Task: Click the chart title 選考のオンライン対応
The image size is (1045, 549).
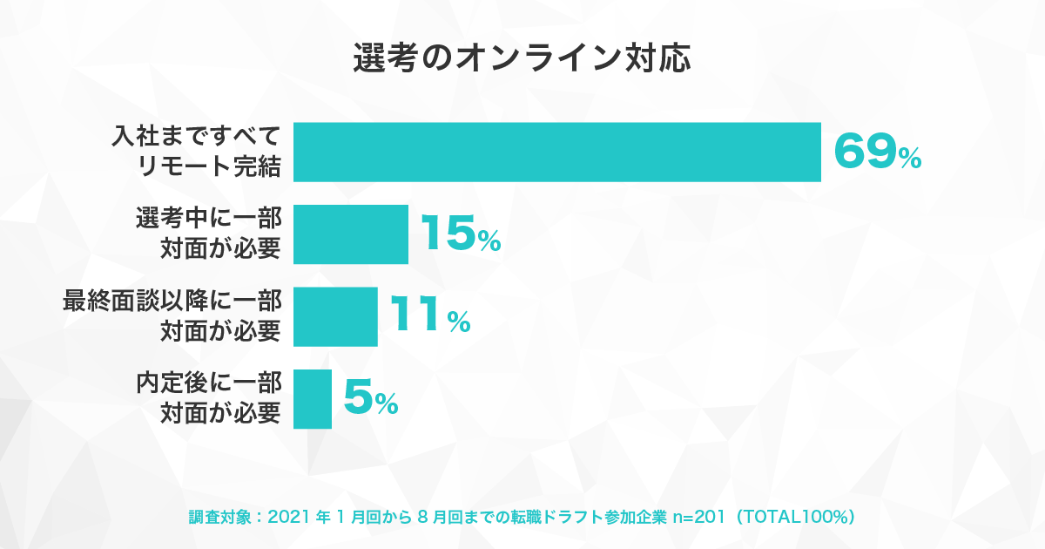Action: [x=522, y=58]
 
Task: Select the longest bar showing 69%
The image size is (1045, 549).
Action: [x=557, y=152]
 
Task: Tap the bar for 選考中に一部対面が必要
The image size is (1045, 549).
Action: [x=351, y=234]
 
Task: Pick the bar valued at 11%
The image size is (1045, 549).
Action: [x=335, y=316]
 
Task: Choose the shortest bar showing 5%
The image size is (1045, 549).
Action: [x=313, y=399]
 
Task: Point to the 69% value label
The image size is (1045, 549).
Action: [x=878, y=152]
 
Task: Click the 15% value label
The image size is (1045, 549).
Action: [x=461, y=234]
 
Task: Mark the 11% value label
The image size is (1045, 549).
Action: [x=430, y=315]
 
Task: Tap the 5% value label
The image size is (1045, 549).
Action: [x=371, y=397]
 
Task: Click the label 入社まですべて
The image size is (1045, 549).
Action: [x=196, y=136]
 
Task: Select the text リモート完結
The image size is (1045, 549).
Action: [x=209, y=166]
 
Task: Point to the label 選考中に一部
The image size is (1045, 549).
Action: [x=208, y=218]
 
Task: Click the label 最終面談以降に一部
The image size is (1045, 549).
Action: [x=172, y=300]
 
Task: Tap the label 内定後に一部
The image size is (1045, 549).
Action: [x=208, y=383]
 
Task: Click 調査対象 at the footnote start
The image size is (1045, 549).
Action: [x=219, y=517]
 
